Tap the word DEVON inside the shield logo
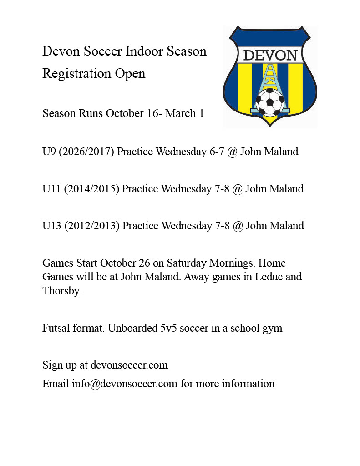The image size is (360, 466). (x=270, y=56)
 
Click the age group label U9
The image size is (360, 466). (x=49, y=151)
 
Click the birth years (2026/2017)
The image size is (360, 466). (x=86, y=151)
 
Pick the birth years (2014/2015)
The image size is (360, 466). (x=91, y=188)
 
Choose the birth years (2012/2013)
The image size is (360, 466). (x=92, y=226)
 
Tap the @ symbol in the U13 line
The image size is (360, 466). (x=238, y=226)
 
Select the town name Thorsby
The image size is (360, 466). (x=62, y=291)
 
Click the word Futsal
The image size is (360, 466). (x=56, y=328)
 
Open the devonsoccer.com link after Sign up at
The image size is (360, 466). (x=129, y=365)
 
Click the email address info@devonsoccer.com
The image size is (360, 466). (x=124, y=384)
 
